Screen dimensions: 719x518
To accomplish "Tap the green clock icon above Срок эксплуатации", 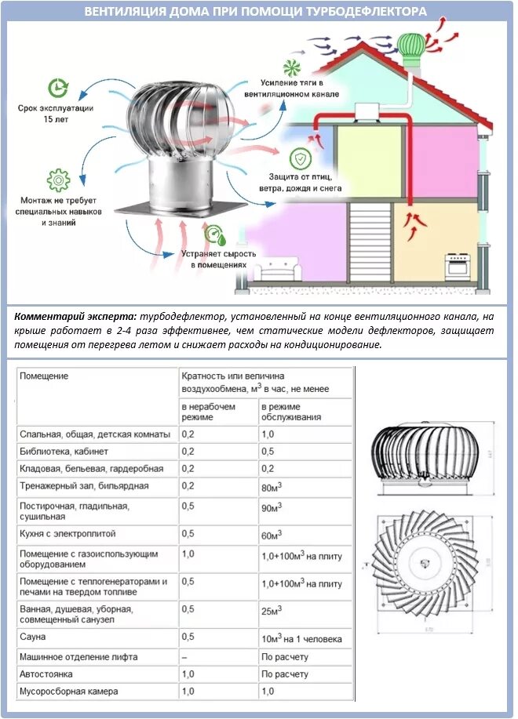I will (x=57, y=88).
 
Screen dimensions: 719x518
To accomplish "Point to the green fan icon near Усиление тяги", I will (x=292, y=65).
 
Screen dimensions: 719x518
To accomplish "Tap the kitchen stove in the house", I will (x=458, y=266).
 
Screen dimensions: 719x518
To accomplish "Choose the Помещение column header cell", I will (x=44, y=376).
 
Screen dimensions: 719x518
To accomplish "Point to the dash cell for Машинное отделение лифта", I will (x=185, y=656).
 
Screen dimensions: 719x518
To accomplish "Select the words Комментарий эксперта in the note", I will (x=75, y=317).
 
